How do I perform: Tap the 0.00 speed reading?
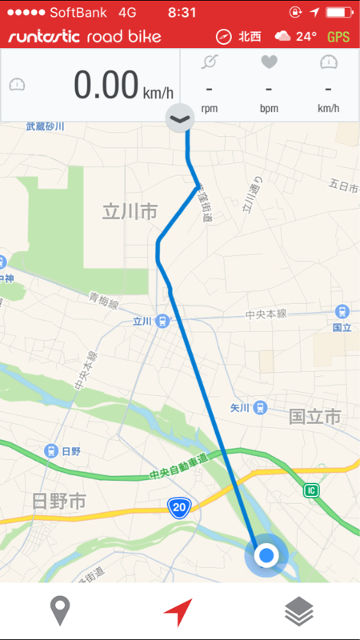pyautogui.click(x=106, y=86)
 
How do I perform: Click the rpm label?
pyautogui.click(x=210, y=109)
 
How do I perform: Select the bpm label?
pyautogui.click(x=269, y=109)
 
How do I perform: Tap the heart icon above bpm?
pyautogui.click(x=269, y=62)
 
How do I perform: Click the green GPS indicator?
pyautogui.click(x=338, y=37)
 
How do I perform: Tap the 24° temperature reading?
pyautogui.click(x=306, y=37)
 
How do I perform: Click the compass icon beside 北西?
pyautogui.click(x=223, y=37)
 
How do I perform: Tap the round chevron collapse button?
pyautogui.click(x=180, y=119)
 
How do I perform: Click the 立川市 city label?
pyautogui.click(x=130, y=212)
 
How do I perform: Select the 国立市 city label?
pyautogui.click(x=314, y=417)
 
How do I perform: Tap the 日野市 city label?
pyautogui.click(x=58, y=502)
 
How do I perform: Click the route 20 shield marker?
pyautogui.click(x=178, y=506)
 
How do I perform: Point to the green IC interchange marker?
pyautogui.click(x=312, y=490)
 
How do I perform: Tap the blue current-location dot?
pyautogui.click(x=267, y=554)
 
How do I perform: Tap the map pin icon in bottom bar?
pyautogui.click(x=60, y=612)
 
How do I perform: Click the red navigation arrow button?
pyautogui.click(x=178, y=612)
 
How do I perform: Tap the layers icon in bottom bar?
pyautogui.click(x=299, y=612)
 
